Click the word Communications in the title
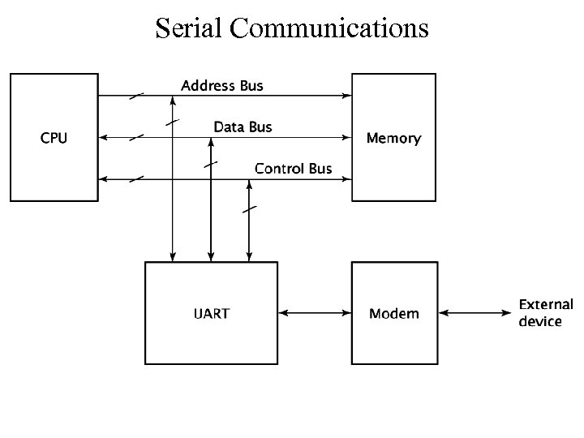pos(328,28)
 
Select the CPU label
pos(54,138)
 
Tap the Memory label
pos(393,138)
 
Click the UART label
pos(211,313)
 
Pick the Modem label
pos(393,313)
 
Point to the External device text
pos(545,313)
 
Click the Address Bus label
pos(221,85)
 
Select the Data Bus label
pos(243,127)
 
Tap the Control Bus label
pos(293,169)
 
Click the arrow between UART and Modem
pos(314,313)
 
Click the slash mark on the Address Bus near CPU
pos(136,96)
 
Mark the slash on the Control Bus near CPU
pos(136,178)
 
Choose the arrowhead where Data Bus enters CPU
pos(101,137)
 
